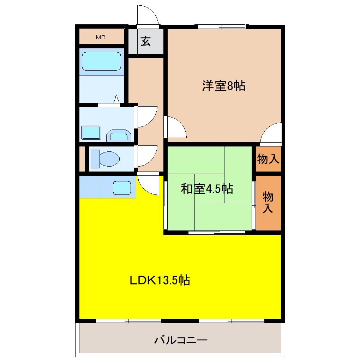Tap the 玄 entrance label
point(146,41)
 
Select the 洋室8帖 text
point(224,86)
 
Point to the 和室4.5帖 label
point(207,189)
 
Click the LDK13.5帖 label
point(160,281)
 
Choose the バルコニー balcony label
point(181,341)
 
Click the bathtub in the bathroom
point(102,61)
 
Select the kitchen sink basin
point(122,187)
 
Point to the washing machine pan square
point(91,133)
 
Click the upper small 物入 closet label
point(268,160)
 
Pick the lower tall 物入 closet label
point(268,202)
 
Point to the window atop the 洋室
point(222,26)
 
